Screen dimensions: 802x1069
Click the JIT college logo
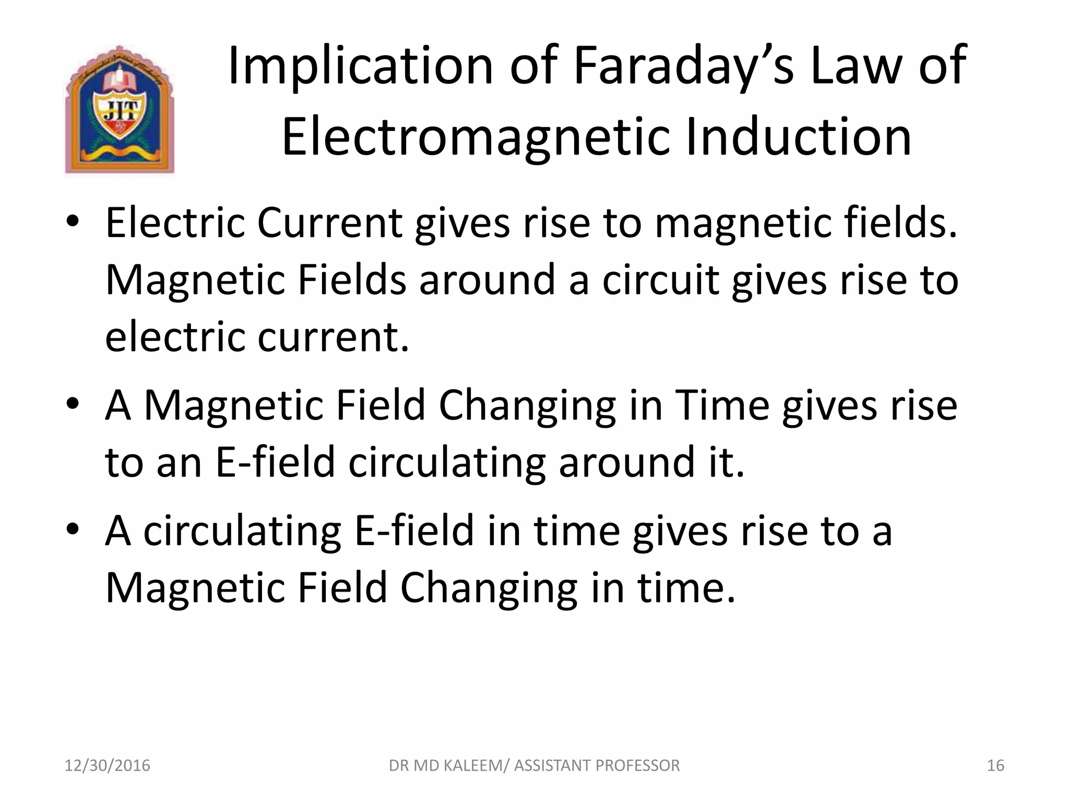120,110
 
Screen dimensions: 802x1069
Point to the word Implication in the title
360,66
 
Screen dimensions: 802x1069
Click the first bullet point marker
73,222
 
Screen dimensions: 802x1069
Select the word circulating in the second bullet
446,463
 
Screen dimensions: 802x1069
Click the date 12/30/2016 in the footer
107,765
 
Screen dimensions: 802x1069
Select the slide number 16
995,765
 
